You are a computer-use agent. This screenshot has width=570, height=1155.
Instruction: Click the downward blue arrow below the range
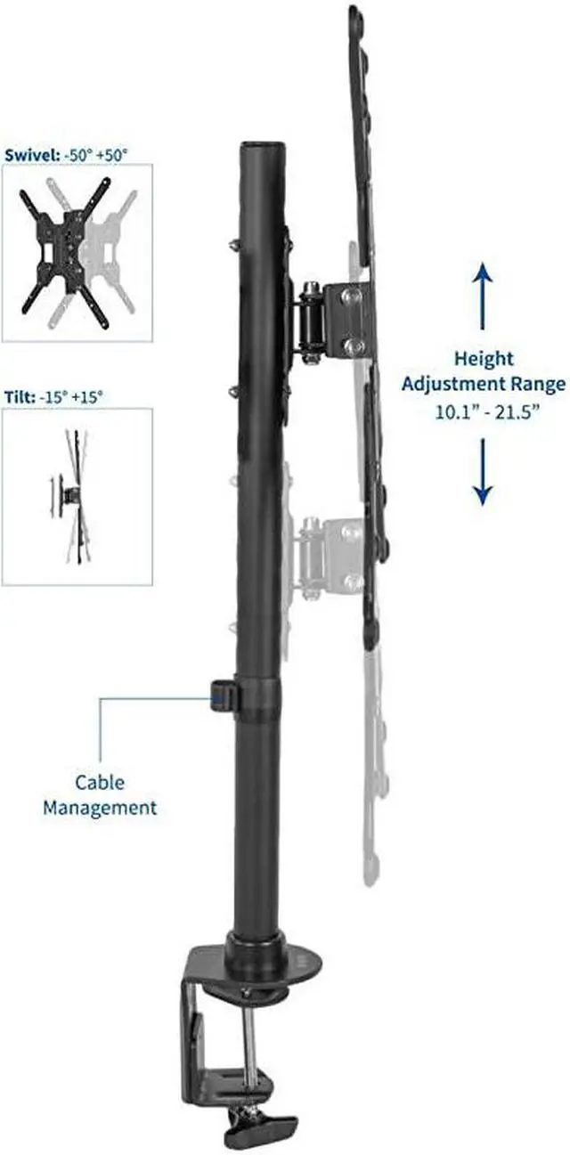click(482, 472)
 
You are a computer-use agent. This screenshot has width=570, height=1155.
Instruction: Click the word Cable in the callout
click(100, 783)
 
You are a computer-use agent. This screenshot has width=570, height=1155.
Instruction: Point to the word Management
click(100, 808)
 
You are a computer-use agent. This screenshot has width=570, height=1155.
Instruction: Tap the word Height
click(484, 359)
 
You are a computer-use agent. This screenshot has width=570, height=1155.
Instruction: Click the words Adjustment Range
click(484, 386)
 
